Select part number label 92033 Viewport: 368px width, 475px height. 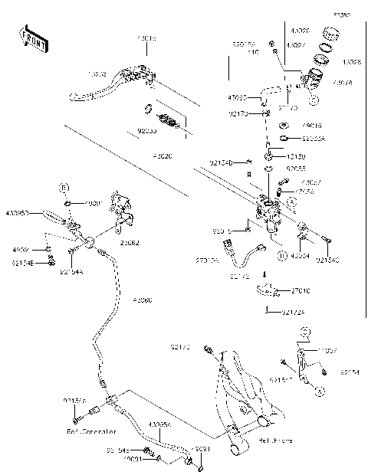[x=148, y=131]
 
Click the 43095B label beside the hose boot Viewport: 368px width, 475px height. [x=18, y=212]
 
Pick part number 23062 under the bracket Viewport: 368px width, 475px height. [x=130, y=244]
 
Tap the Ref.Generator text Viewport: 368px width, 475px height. [x=87, y=431]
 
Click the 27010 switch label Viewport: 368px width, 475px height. [x=301, y=291]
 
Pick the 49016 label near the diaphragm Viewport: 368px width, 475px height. [x=311, y=125]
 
